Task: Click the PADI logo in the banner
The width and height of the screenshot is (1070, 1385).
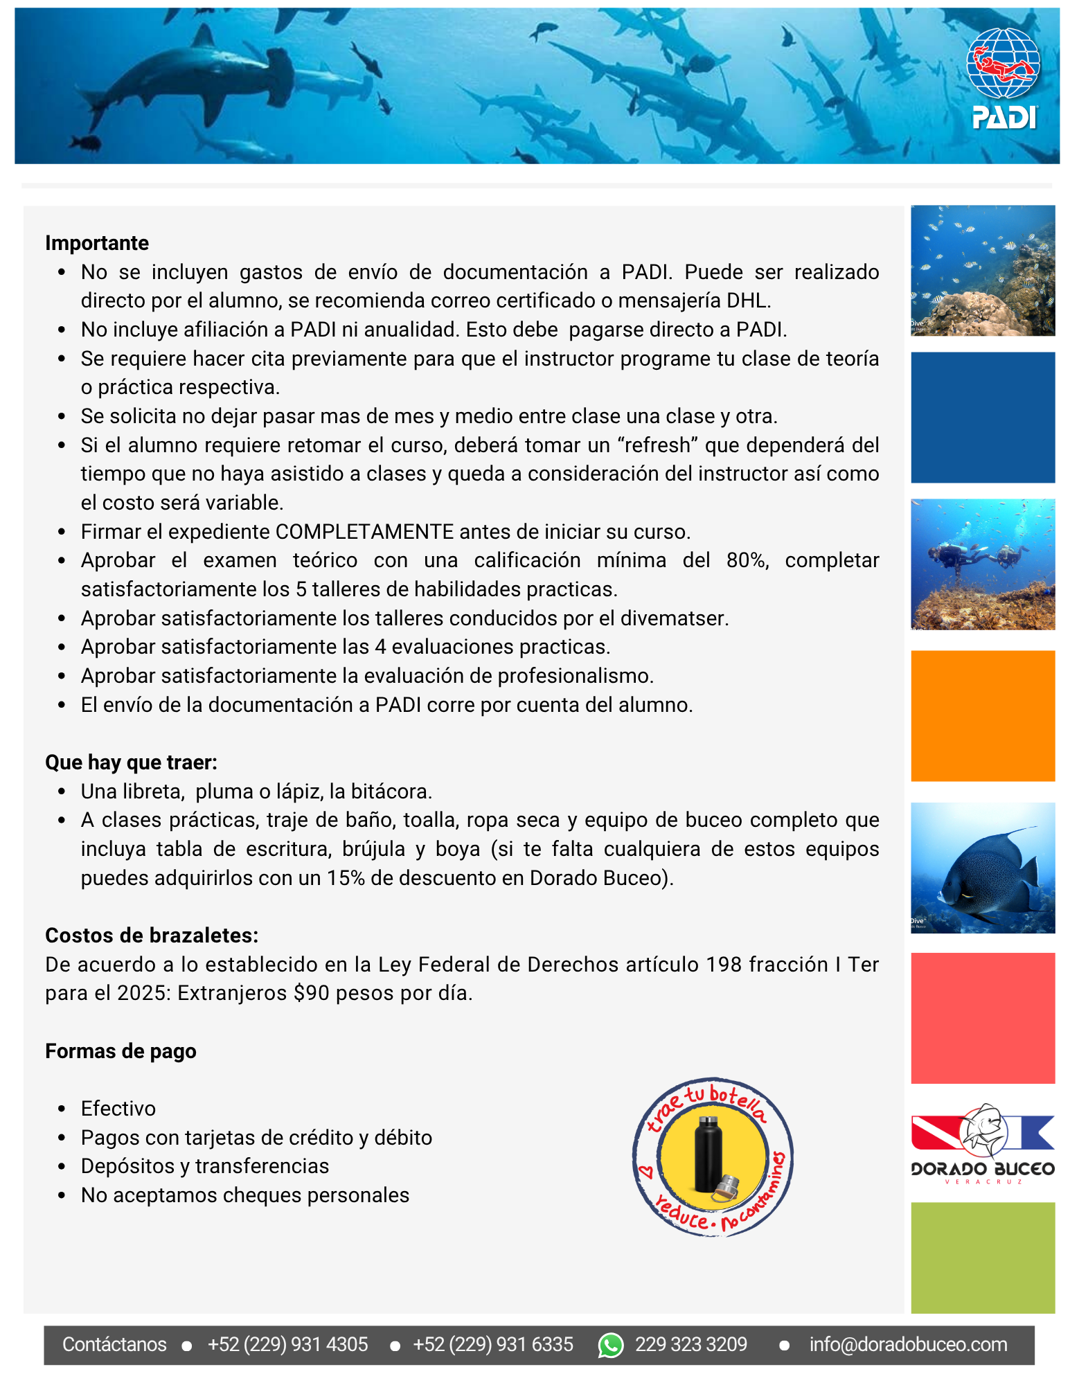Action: [1003, 78]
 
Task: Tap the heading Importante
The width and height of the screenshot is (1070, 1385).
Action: [97, 243]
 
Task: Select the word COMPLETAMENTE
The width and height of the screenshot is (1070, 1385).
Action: [364, 532]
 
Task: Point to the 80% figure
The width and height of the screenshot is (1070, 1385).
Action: [747, 560]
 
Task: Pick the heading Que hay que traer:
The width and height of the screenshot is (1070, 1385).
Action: [131, 762]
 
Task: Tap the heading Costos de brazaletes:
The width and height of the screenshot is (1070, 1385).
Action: [152, 936]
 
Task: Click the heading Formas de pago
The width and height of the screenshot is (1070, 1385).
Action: [121, 1051]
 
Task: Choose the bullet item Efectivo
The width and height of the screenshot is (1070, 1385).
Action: [118, 1109]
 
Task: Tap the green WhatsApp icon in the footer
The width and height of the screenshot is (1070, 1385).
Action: [611, 1345]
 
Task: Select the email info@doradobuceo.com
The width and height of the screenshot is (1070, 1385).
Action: [908, 1345]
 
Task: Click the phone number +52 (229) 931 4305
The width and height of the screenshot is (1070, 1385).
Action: [287, 1345]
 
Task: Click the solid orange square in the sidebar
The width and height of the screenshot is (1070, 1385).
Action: [983, 716]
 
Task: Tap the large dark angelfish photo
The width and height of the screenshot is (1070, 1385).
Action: [983, 868]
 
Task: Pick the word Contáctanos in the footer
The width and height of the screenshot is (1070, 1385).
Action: [114, 1345]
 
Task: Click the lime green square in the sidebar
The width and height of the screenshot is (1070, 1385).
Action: [983, 1258]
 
